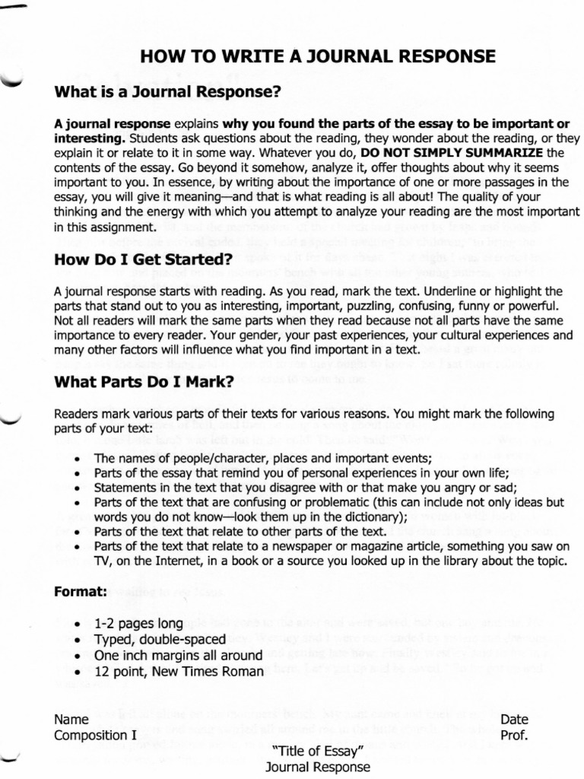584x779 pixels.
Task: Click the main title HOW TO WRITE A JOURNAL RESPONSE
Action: pos(318,56)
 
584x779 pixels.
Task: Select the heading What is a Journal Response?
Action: pos(168,92)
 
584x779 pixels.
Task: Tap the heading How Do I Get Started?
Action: pos(143,260)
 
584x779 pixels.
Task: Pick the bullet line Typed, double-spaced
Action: pos(160,640)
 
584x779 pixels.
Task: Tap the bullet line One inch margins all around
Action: pos(178,655)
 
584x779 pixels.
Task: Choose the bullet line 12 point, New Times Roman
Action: pos(179,671)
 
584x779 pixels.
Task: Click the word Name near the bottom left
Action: pos(71,720)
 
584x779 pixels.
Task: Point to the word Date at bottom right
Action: pos(514,720)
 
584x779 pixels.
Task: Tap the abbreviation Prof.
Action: pos(514,736)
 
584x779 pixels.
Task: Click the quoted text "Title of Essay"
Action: pos(318,752)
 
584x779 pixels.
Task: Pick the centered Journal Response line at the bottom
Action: pos(318,768)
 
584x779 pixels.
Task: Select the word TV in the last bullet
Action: pos(102,561)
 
